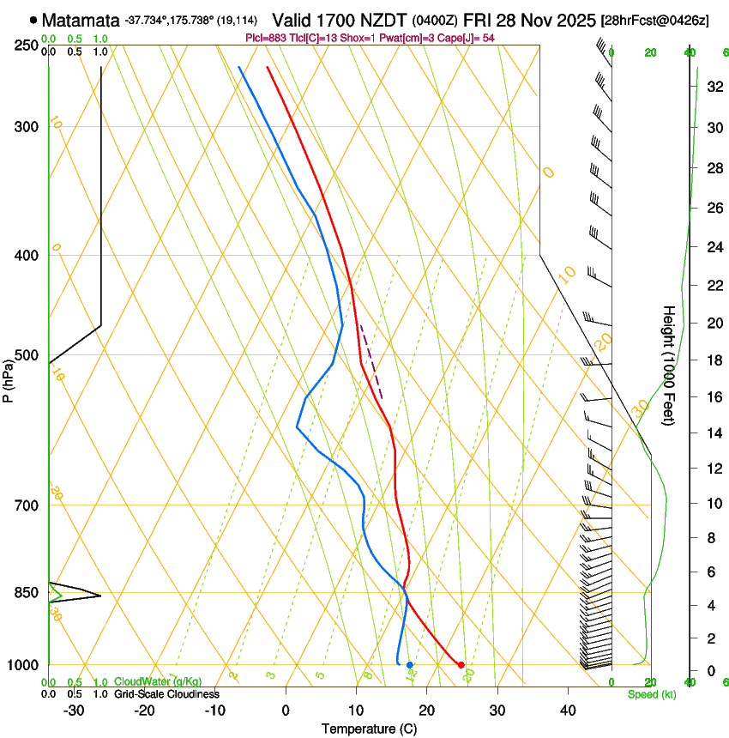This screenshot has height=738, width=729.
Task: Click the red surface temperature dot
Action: coord(461,665)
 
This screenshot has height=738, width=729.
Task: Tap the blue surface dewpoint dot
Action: coord(410,665)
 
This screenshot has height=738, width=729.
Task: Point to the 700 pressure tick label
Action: coord(27,505)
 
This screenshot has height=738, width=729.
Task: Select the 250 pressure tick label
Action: coord(27,45)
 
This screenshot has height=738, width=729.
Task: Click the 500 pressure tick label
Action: coord(27,355)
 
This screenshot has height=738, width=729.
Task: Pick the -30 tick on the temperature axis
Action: coord(74,711)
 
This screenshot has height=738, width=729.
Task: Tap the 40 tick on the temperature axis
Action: coord(567,711)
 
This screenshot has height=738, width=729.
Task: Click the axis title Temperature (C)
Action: coord(369,729)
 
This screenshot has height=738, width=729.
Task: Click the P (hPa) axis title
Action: coord(8,378)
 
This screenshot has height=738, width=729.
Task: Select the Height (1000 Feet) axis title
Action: coord(670,366)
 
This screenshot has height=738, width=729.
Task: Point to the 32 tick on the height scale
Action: coord(714,86)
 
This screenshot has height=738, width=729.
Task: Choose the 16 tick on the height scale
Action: coord(714,396)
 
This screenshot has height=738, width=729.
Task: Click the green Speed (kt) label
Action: coord(651,694)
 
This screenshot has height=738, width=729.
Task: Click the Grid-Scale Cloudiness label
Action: coord(166,694)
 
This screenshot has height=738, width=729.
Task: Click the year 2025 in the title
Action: coord(566,20)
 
